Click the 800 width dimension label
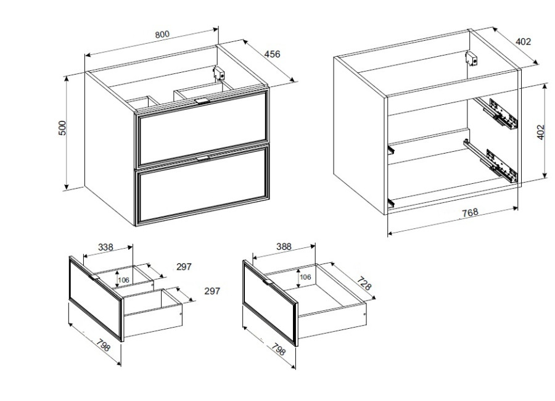pyautogui.click(x=162, y=35)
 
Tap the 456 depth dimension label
pyautogui.click(x=272, y=54)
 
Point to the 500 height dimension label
pyautogui.click(x=62, y=128)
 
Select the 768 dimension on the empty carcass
pyautogui.click(x=470, y=213)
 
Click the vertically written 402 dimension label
pyautogui.click(x=540, y=132)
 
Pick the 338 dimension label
pyautogui.click(x=105, y=247)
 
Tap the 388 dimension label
pyautogui.click(x=284, y=246)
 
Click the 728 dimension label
pyautogui.click(x=364, y=284)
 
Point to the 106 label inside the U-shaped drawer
pyautogui.click(x=123, y=280)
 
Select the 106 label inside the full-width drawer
pyautogui.click(x=305, y=276)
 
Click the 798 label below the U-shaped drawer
pyautogui.click(x=103, y=345)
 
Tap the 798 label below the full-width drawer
pyautogui.click(x=279, y=349)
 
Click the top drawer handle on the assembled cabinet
pyautogui.click(x=202, y=101)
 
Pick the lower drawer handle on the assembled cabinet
pyautogui.click(x=203, y=158)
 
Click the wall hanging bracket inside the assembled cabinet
pyautogui.click(x=219, y=73)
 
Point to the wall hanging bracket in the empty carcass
pyautogui.click(x=471, y=59)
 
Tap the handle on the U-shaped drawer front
pyautogui.click(x=96, y=277)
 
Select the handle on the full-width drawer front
pyautogui.click(x=269, y=281)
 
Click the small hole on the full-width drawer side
pyautogui.click(x=364, y=314)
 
